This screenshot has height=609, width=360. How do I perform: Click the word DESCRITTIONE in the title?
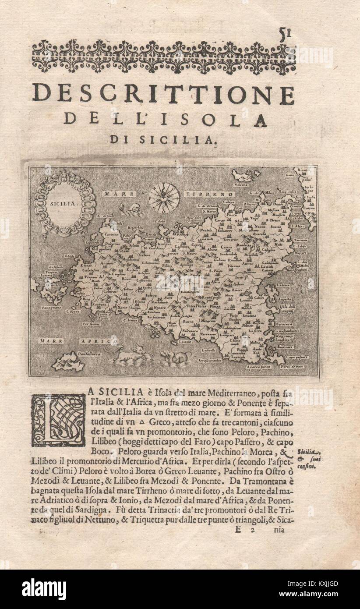(163, 94)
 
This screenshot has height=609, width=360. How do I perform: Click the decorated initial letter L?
(58, 419)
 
